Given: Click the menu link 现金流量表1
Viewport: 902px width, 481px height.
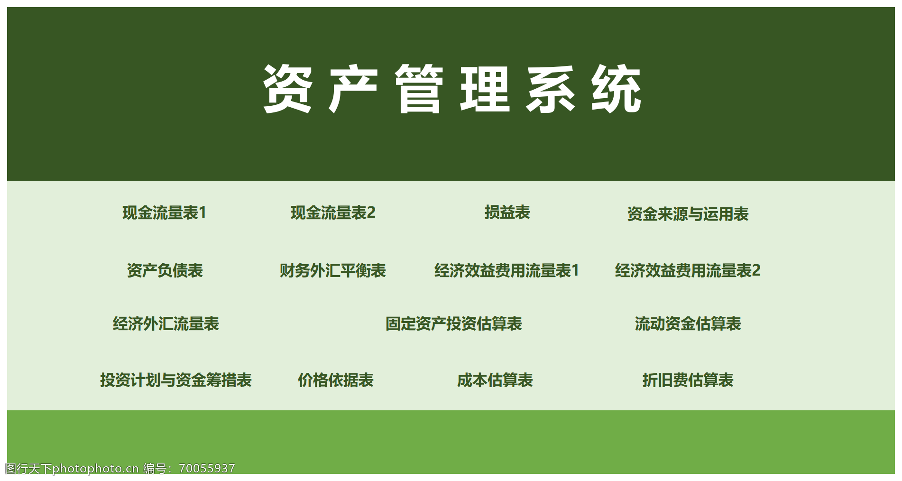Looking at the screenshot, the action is click(x=164, y=213).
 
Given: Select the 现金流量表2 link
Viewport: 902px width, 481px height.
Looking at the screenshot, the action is click(x=333, y=213).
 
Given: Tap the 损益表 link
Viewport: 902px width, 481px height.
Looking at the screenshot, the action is click(x=507, y=212).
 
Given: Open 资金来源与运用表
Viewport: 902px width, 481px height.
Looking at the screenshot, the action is click(x=688, y=214).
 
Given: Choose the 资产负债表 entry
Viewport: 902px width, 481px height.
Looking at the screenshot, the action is click(x=165, y=270).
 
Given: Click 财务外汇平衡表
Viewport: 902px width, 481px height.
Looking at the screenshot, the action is click(x=332, y=270).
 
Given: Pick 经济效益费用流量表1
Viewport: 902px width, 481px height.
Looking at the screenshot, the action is click(x=506, y=270).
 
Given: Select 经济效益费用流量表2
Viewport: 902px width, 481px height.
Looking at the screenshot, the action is click(x=688, y=270).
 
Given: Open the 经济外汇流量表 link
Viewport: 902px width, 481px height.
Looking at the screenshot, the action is click(x=166, y=324).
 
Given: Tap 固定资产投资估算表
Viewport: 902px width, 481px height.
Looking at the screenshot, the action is click(x=453, y=324).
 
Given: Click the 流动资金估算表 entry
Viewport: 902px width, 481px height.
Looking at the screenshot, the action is click(x=688, y=324).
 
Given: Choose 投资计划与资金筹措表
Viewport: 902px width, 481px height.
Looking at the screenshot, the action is click(x=175, y=380).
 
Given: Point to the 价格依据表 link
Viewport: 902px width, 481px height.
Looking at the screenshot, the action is click(x=335, y=380).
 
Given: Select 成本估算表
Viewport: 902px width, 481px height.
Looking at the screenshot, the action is click(x=495, y=380).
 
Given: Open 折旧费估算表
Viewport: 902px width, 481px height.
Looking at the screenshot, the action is click(x=688, y=380).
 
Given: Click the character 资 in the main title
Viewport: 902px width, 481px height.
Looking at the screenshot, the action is click(x=287, y=89).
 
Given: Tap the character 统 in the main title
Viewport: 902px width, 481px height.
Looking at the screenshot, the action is click(x=616, y=89).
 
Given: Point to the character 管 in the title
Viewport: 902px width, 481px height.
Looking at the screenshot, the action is click(x=419, y=89).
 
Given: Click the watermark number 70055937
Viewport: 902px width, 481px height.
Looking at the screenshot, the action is click(x=207, y=469).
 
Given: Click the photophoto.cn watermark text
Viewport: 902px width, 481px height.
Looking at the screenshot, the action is click(x=95, y=469).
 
